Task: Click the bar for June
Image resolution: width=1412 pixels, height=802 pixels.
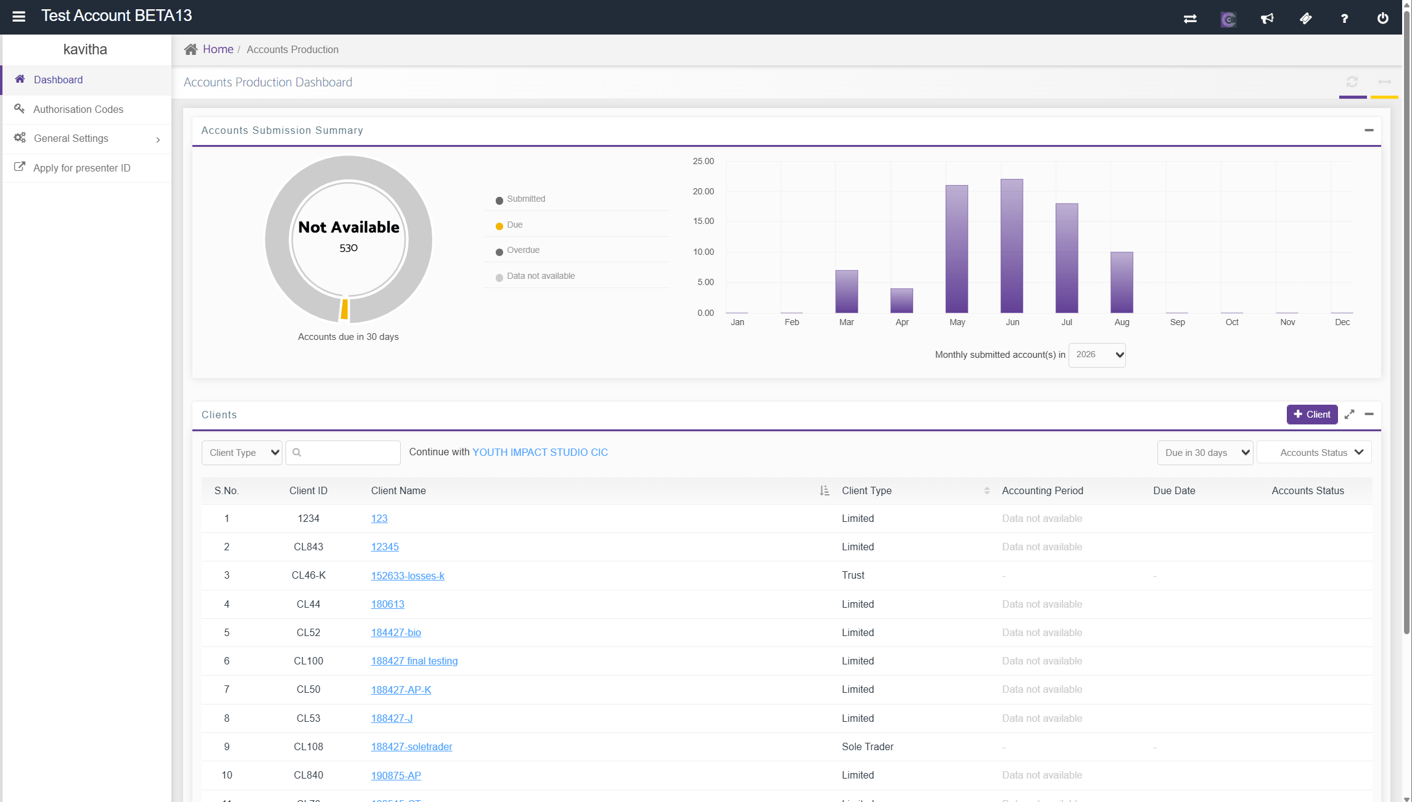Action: click(x=1012, y=246)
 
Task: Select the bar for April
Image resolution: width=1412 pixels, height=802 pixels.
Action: click(x=901, y=300)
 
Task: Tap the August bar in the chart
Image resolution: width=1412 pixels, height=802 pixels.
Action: click(x=1122, y=282)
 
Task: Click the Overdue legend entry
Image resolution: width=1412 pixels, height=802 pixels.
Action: click(x=517, y=250)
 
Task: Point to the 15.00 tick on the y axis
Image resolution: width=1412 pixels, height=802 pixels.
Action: click(x=703, y=221)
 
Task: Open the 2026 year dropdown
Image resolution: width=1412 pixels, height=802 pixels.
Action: click(x=1097, y=355)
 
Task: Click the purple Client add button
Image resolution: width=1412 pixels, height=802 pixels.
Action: click(x=1312, y=415)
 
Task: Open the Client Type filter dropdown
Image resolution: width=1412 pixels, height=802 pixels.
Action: click(x=242, y=453)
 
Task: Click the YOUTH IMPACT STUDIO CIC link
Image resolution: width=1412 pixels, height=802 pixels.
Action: click(x=540, y=452)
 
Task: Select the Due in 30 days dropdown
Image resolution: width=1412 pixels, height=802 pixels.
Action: click(x=1205, y=453)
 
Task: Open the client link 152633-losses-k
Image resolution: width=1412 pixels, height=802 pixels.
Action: click(x=408, y=576)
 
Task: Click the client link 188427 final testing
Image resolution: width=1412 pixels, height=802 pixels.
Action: click(x=414, y=661)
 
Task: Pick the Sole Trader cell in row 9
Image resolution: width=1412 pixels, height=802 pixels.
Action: click(x=868, y=746)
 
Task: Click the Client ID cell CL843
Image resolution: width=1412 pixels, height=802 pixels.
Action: click(x=308, y=547)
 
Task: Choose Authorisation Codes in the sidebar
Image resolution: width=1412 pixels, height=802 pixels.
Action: click(x=78, y=109)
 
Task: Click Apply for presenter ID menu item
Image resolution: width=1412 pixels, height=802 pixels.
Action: click(x=82, y=168)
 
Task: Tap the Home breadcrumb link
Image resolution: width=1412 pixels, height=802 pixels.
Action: click(x=218, y=49)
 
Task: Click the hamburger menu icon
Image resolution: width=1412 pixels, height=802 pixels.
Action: click(x=19, y=17)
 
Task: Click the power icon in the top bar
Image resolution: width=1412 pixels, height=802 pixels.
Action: click(x=1383, y=19)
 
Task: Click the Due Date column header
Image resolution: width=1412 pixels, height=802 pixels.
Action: click(x=1174, y=491)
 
